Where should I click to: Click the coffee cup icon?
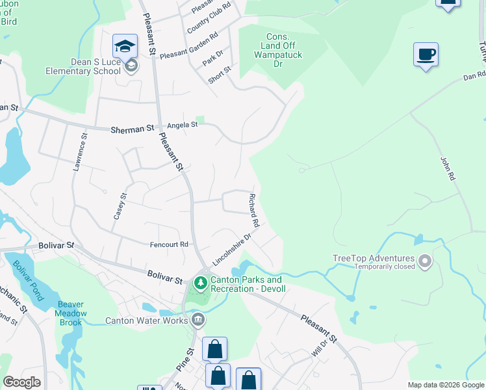[x=426, y=54]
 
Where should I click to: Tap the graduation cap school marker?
[x=125, y=45]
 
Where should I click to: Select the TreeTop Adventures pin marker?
[x=425, y=261]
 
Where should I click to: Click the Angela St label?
[x=182, y=125]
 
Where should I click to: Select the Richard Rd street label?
[x=254, y=209]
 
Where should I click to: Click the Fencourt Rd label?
[x=169, y=244]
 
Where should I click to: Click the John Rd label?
[x=446, y=167]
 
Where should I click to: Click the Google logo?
[x=21, y=382]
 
